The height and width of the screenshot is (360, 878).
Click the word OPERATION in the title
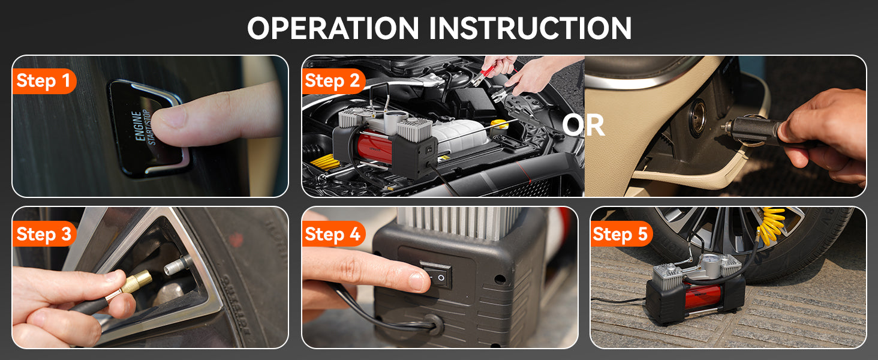(x=333, y=28)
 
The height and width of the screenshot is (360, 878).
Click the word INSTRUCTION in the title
(x=530, y=28)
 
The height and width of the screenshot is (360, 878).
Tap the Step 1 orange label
(x=44, y=81)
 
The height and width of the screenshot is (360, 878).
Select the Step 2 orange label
(x=333, y=81)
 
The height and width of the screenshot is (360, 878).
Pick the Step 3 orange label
(x=44, y=234)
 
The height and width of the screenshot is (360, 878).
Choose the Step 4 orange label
(x=333, y=234)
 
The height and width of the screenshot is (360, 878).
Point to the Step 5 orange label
(x=621, y=234)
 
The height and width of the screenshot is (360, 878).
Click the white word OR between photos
(x=584, y=125)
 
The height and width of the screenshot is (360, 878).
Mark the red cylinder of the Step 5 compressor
(x=702, y=295)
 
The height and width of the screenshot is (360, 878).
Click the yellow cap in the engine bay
(x=499, y=125)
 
